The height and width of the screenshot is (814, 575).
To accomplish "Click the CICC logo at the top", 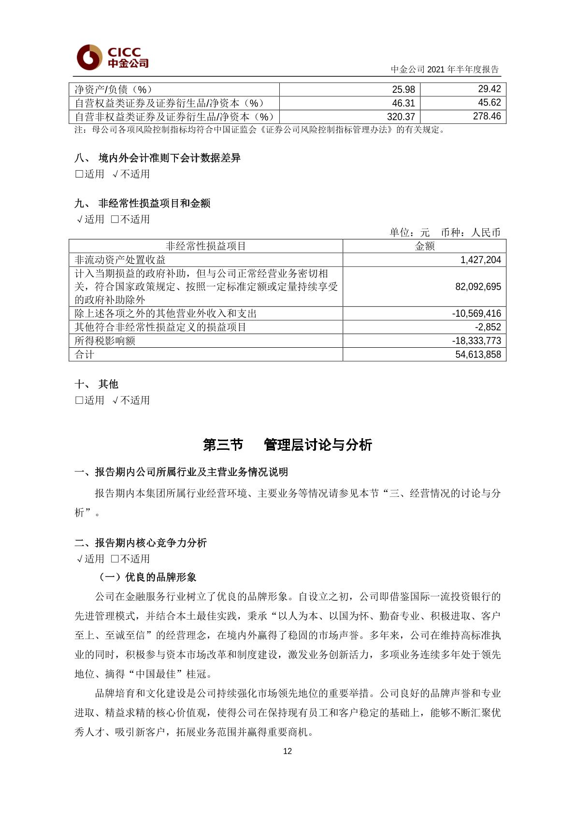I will click(x=113, y=58).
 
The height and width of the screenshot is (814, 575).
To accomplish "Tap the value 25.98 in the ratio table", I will click(x=403, y=89).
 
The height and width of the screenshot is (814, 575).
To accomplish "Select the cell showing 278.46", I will click(x=487, y=117).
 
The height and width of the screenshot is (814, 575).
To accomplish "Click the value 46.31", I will click(x=403, y=103).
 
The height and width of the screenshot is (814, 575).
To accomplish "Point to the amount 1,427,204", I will click(x=481, y=260).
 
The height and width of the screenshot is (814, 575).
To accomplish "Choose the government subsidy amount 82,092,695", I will click(x=478, y=287).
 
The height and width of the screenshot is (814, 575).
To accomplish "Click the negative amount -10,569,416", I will click(x=476, y=313).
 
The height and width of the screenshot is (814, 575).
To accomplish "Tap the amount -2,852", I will click(x=488, y=327).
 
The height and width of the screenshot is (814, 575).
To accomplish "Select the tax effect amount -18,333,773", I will click(x=476, y=340).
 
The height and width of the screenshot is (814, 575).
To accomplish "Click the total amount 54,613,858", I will click(x=478, y=355).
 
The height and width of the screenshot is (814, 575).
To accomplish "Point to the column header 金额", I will click(x=425, y=246).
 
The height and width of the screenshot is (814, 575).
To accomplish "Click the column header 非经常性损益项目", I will click(x=206, y=246).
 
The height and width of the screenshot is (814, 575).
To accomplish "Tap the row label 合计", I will click(x=85, y=355).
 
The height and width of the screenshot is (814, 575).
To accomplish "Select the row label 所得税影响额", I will click(x=105, y=340).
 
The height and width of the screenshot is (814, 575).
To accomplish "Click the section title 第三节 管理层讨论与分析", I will click(x=287, y=445).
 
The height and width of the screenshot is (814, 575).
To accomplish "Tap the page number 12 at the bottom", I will click(x=287, y=751).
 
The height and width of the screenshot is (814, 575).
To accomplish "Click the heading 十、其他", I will click(x=97, y=384).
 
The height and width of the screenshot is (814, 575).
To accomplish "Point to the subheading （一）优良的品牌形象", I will click(x=147, y=577).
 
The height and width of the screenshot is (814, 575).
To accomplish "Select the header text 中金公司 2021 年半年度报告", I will click(x=445, y=69).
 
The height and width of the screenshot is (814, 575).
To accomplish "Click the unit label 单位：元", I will click(x=410, y=233).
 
